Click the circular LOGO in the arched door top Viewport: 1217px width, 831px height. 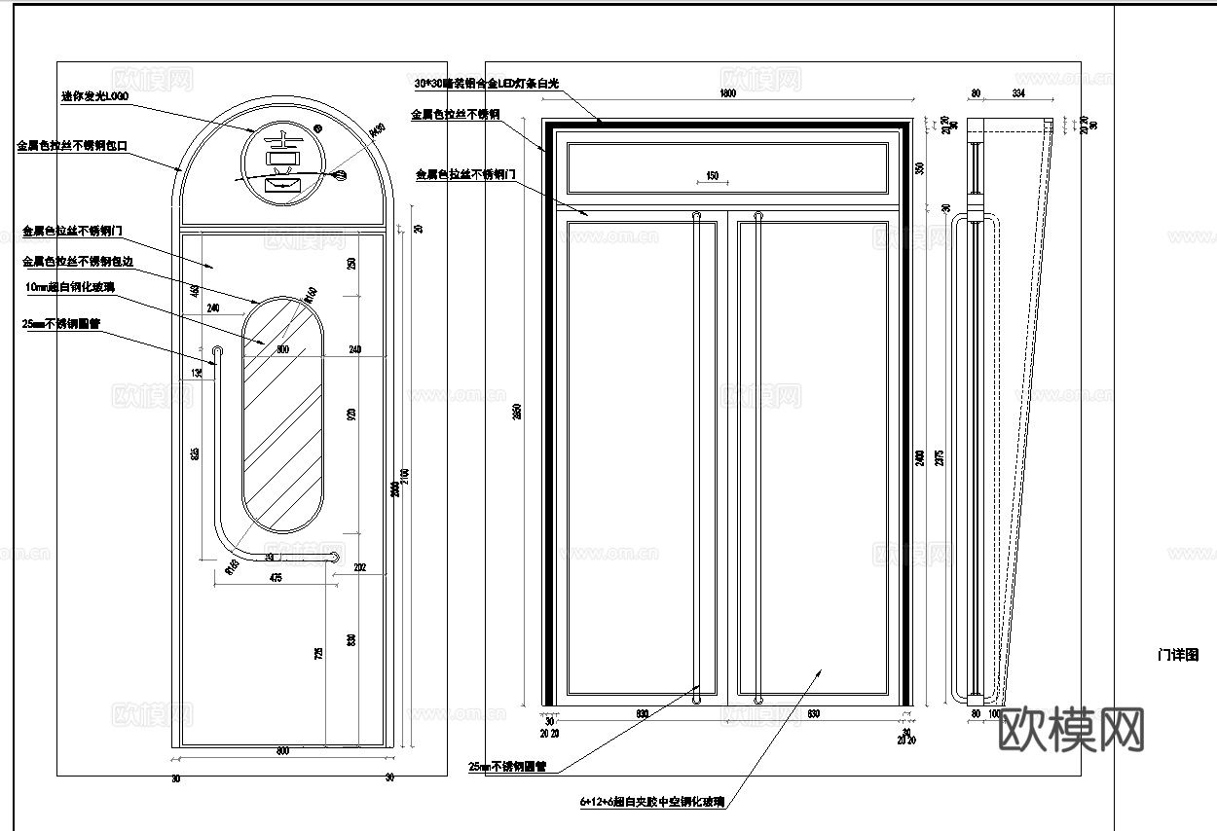click(x=283, y=166)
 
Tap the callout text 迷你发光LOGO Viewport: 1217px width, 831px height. click(x=94, y=96)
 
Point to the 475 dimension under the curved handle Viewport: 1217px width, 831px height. click(x=276, y=579)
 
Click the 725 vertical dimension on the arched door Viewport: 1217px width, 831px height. click(x=318, y=655)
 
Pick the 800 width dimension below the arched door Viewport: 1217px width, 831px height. click(x=282, y=751)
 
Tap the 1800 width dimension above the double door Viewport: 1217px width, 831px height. click(x=726, y=94)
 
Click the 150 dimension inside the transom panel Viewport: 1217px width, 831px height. click(x=712, y=176)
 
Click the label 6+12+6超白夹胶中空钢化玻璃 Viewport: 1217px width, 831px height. click(x=651, y=802)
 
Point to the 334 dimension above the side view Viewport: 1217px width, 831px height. click(x=1017, y=94)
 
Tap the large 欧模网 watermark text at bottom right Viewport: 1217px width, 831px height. click(x=1072, y=729)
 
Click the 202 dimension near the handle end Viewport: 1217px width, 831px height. click(x=359, y=567)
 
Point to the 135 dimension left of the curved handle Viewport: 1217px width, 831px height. click(x=198, y=373)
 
